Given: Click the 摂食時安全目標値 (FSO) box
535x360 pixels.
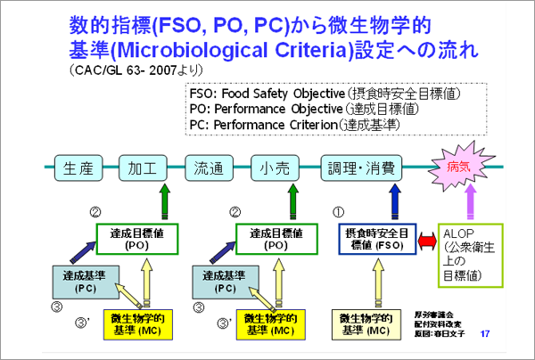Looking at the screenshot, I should point(381,238).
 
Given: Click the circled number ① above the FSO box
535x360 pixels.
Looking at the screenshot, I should point(337,212).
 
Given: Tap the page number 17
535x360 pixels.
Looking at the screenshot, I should point(485,333).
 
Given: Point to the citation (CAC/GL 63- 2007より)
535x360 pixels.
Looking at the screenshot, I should point(135,68).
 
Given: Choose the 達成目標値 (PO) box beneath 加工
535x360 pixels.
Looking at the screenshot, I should point(141,238).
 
